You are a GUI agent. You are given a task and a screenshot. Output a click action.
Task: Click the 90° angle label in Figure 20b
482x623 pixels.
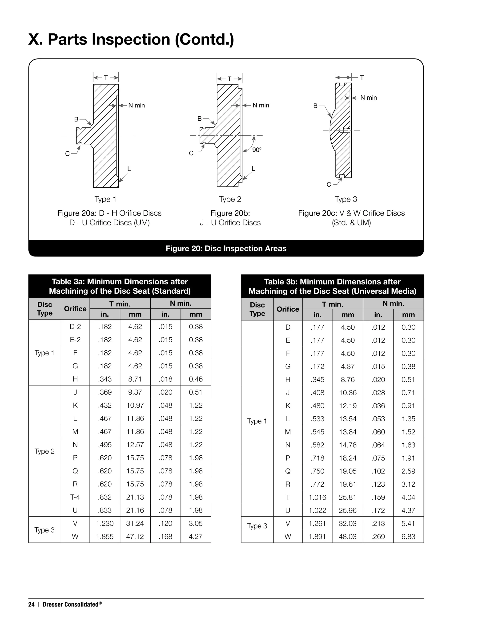pyautogui.click(x=257, y=150)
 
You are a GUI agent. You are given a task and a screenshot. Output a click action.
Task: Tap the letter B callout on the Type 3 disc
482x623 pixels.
pyautogui.click(x=315, y=106)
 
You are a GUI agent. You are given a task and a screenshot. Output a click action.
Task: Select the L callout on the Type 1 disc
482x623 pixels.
pyautogui.click(x=129, y=169)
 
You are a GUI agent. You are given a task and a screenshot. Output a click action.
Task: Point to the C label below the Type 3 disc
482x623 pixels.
pyautogui.click(x=329, y=185)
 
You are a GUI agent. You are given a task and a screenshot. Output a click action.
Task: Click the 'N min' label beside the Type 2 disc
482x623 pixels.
pyautogui.click(x=261, y=105)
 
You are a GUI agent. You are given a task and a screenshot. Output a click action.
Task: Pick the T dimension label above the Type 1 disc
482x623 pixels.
pyautogui.click(x=106, y=78)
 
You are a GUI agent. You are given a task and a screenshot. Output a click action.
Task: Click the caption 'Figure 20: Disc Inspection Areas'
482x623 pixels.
pyautogui.click(x=226, y=248)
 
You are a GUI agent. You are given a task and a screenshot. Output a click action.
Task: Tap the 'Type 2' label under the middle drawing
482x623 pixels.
pyautogui.click(x=230, y=199)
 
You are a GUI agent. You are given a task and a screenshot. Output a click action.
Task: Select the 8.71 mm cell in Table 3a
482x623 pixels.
pyautogui.click(x=135, y=379)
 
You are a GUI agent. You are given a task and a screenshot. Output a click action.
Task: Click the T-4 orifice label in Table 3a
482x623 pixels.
pyautogui.click(x=75, y=497)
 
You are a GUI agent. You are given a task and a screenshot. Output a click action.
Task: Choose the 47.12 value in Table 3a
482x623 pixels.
pyautogui.click(x=135, y=536)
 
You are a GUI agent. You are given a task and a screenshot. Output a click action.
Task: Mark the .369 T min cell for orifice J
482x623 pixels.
pyautogui.click(x=105, y=392)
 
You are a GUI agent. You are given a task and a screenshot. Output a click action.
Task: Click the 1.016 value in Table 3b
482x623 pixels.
pyautogui.click(x=317, y=497)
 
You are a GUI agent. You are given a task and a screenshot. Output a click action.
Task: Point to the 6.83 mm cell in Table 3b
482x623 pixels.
pyautogui.click(x=408, y=536)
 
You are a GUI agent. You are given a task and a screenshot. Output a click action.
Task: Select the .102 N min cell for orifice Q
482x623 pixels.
pyautogui.click(x=378, y=471)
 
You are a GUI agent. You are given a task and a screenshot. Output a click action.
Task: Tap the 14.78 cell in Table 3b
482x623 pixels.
pyautogui.click(x=348, y=445)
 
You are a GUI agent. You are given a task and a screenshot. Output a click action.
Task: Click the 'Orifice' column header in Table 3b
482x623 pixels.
pyautogui.click(x=288, y=309)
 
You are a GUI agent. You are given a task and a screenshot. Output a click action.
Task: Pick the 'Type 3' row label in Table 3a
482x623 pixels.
pyautogui.click(x=44, y=530)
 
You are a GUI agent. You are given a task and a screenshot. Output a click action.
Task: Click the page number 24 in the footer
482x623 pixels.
pyautogui.click(x=31, y=604)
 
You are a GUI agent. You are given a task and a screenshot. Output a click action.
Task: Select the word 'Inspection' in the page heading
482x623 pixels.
pyautogui.click(x=131, y=39)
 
